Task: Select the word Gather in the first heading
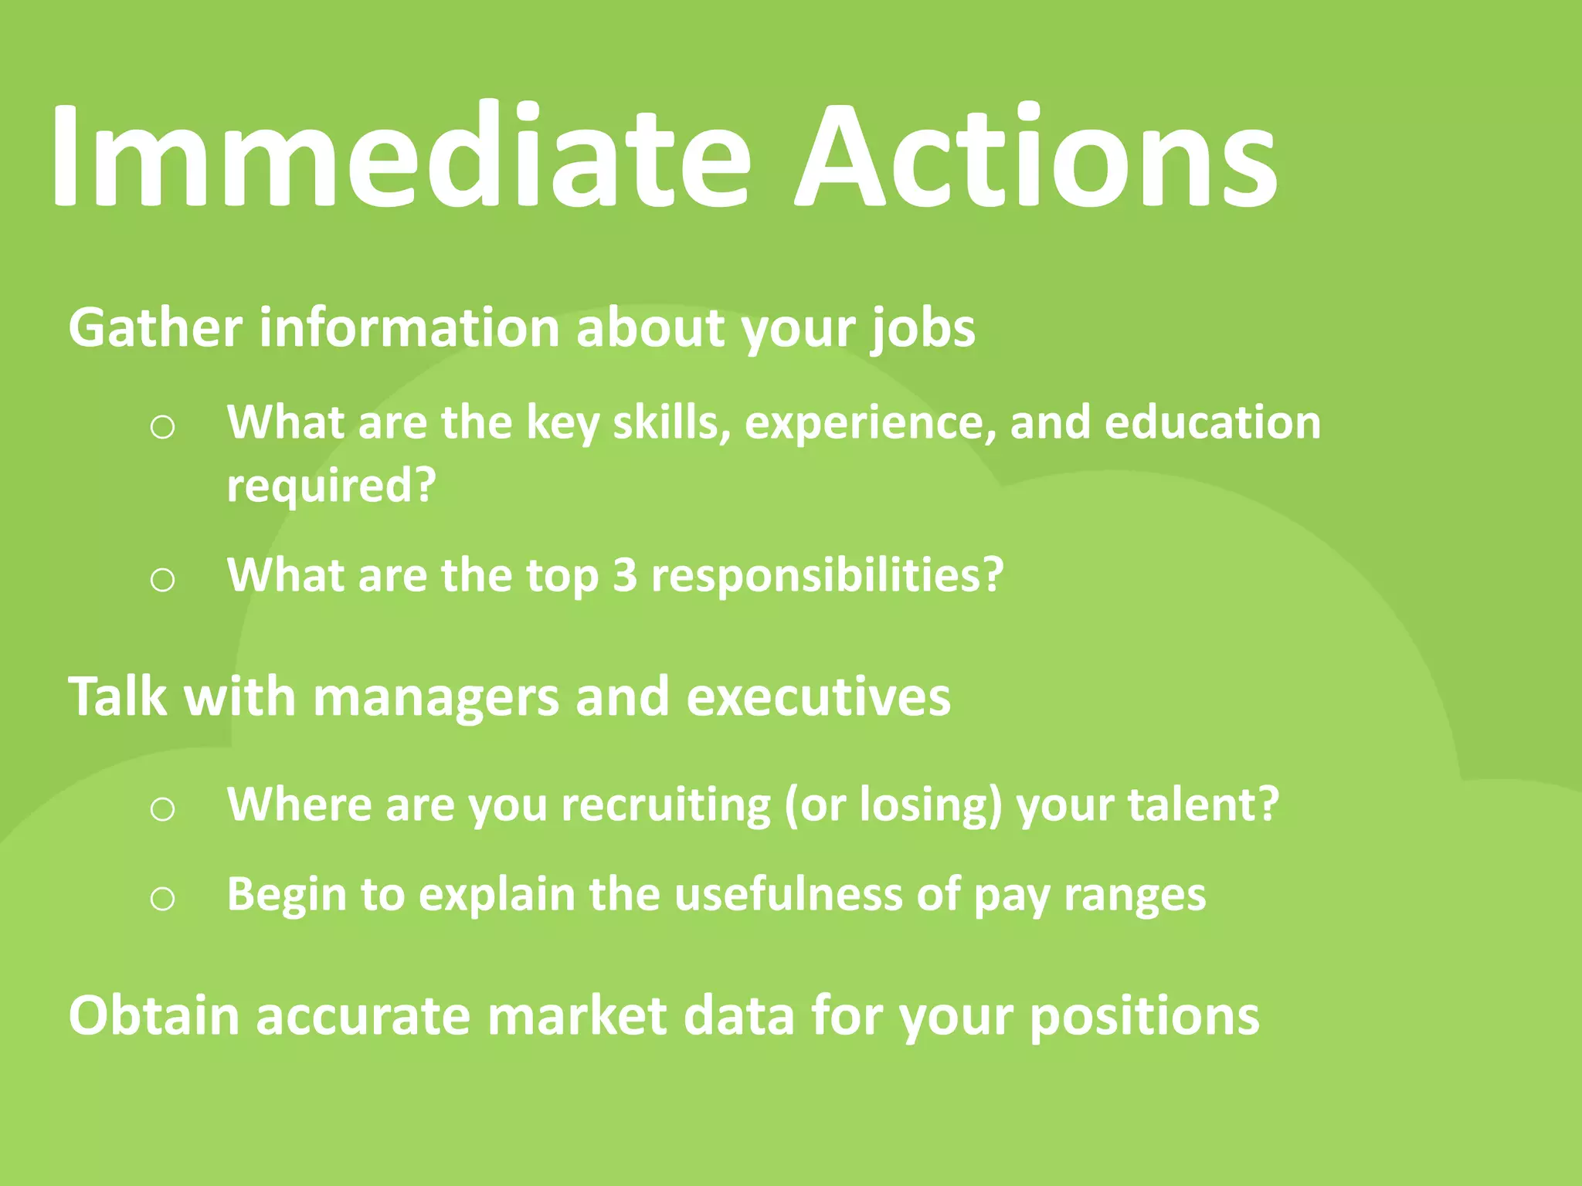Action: (x=155, y=327)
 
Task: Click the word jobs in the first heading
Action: (x=924, y=329)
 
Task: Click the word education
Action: (x=1213, y=422)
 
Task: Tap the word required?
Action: (x=331, y=486)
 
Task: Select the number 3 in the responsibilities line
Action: (x=625, y=575)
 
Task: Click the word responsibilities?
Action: (x=827, y=575)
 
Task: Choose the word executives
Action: (x=818, y=696)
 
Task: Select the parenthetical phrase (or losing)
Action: (x=893, y=805)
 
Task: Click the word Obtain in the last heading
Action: (x=154, y=1015)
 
